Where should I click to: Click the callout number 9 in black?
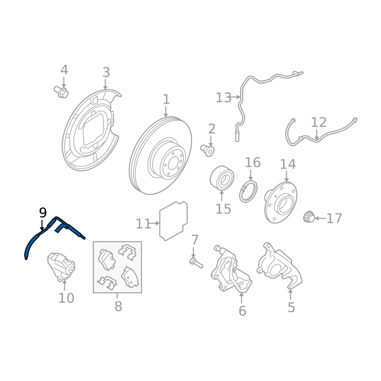tap(43, 213)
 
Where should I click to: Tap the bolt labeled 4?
tap(61, 92)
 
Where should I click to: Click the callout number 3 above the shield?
tap(106, 72)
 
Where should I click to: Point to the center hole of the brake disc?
tap(173, 163)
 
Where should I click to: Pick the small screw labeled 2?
tap(207, 150)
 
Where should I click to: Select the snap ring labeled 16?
tap(248, 191)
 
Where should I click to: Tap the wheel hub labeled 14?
tap(281, 202)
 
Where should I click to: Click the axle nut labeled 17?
tap(309, 217)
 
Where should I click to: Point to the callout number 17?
tap(334, 218)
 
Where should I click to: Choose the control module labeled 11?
tap(173, 221)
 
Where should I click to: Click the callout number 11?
tap(143, 224)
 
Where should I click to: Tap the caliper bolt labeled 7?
tap(196, 263)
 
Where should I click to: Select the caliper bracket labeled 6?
tap(231, 269)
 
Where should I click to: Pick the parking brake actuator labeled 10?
tap(61, 267)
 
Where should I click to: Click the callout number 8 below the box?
tap(118, 306)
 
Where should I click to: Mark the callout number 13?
tap(223, 98)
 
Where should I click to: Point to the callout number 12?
tap(319, 122)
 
